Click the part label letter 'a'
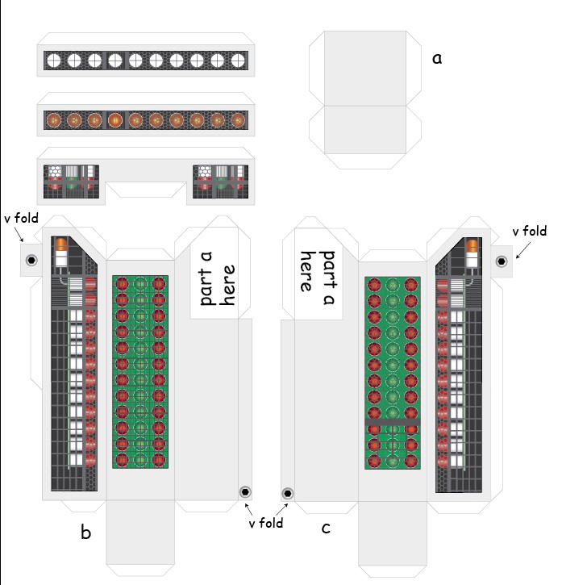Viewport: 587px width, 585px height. (x=437, y=59)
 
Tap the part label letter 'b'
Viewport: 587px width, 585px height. (x=85, y=532)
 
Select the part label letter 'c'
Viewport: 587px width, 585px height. (x=326, y=528)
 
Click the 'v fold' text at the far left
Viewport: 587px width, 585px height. (x=21, y=218)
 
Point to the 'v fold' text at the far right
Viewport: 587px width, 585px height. (x=529, y=231)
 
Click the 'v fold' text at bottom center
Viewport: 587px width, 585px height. (x=266, y=523)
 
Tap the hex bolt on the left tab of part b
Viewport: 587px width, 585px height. (x=31, y=260)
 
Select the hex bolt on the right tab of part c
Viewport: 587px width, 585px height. (x=502, y=261)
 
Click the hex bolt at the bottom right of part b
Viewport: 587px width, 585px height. (x=245, y=491)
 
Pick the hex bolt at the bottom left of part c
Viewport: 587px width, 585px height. (x=288, y=494)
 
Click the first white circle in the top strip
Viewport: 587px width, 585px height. (x=54, y=61)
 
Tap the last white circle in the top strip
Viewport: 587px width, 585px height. (x=238, y=61)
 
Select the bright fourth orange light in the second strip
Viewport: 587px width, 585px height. (x=115, y=120)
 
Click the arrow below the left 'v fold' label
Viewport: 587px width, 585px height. (x=19, y=234)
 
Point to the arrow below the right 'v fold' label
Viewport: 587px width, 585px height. (x=523, y=250)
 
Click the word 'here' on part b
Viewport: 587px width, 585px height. (x=227, y=285)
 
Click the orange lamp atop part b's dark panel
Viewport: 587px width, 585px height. (x=61, y=244)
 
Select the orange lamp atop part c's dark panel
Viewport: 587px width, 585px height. (x=472, y=245)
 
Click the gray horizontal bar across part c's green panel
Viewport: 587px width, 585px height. (x=393, y=422)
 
